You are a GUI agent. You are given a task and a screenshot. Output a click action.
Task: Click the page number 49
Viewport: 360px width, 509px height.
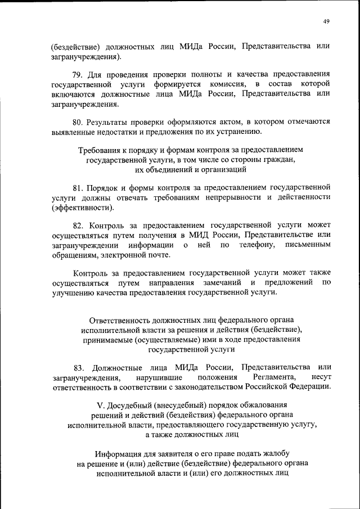click(326, 21)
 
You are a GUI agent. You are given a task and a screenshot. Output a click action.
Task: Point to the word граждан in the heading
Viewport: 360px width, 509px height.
click(278, 160)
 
